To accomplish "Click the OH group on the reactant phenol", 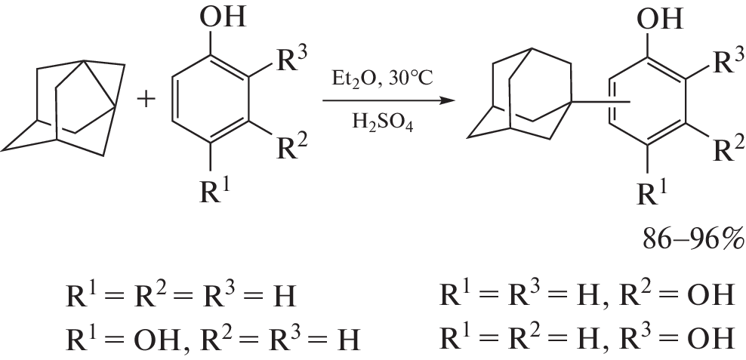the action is (223, 17).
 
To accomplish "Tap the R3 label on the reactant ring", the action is (291, 61).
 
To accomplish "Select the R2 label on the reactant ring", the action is (291, 146).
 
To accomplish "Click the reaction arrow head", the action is (445, 101).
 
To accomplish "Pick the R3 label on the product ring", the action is (729, 63).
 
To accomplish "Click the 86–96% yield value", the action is (692, 239).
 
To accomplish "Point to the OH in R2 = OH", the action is (709, 295).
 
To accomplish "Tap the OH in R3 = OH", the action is (709, 338).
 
